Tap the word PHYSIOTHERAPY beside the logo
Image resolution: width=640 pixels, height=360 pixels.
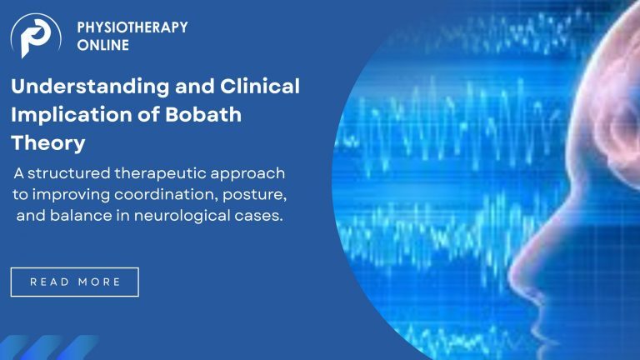point(132,27)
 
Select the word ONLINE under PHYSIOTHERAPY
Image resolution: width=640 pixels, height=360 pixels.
point(102,45)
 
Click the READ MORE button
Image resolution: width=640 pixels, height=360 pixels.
point(75,282)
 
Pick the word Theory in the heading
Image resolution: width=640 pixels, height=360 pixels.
point(47,142)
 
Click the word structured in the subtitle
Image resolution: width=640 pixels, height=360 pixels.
point(68,173)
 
